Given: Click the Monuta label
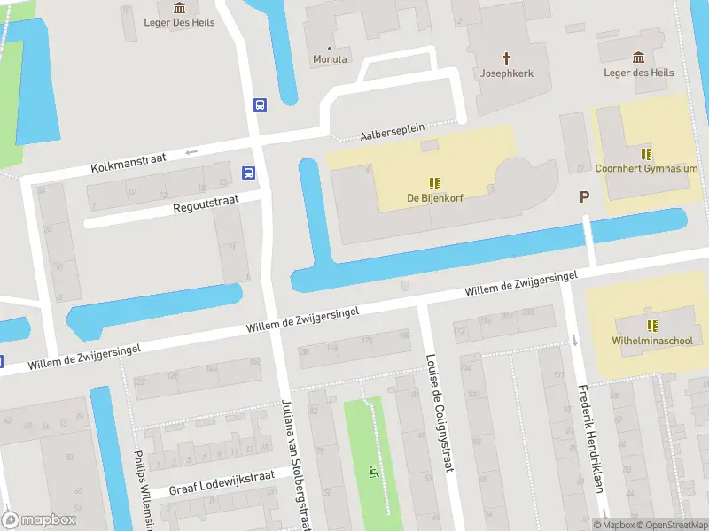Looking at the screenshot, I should pos(330,59).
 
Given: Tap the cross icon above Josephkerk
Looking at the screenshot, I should pos(507,58).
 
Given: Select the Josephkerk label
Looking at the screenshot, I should pos(507,73).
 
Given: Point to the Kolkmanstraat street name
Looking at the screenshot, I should pos(129,163).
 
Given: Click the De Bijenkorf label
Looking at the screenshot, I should pos(435,197).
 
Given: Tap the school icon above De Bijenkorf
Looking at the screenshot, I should pos(435,183).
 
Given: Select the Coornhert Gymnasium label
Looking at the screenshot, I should pos(646,168).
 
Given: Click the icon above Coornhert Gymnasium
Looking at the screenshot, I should pos(646,154).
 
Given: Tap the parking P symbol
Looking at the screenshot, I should pos(584,197).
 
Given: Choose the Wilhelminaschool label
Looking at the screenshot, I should pos(651,341).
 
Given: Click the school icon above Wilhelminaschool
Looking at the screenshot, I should pos(651,326).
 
